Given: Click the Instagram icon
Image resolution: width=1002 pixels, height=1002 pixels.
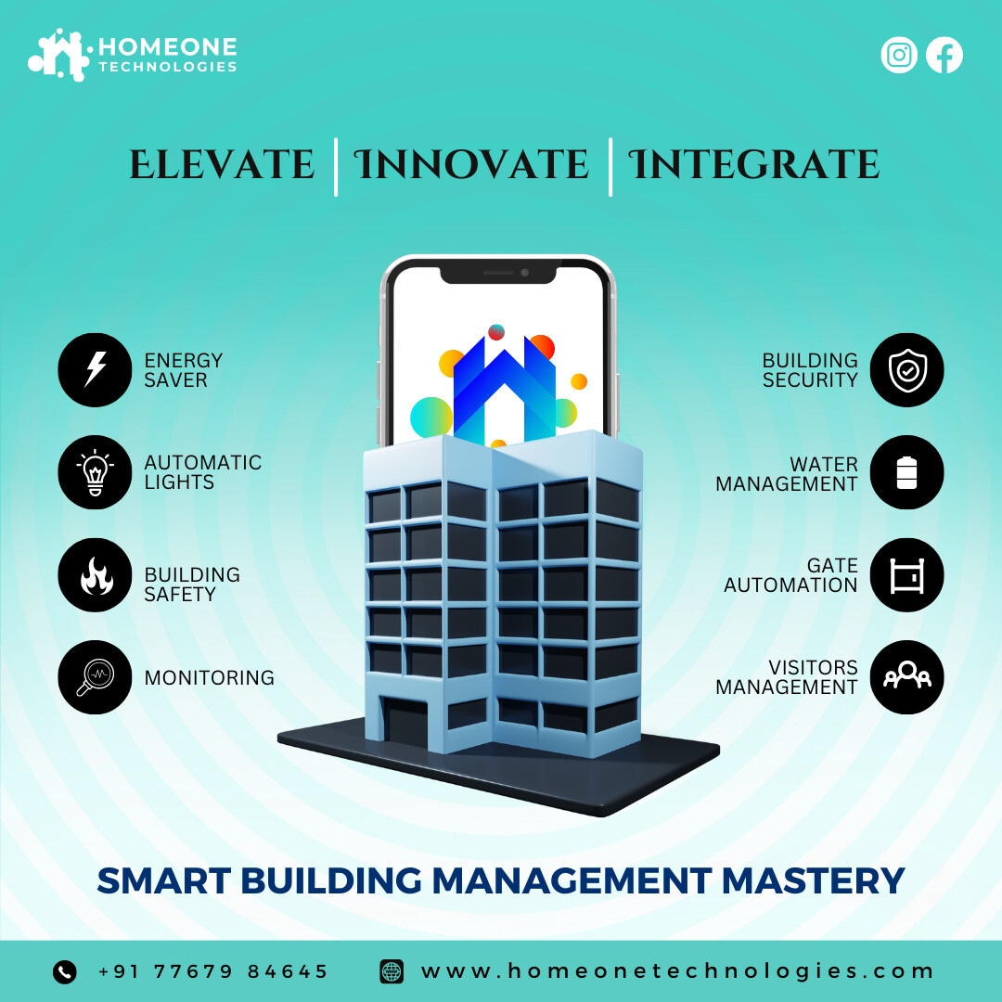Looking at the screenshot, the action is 898,55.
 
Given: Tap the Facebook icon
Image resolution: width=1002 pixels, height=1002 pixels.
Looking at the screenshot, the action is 944,55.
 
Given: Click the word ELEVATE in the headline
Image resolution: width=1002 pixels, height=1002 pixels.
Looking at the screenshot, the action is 222,165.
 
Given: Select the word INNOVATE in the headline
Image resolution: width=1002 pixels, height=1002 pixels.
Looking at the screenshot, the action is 471,165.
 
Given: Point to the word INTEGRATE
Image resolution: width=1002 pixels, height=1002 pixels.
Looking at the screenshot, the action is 754,165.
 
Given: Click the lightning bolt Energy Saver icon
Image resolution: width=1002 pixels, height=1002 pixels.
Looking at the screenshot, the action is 95,370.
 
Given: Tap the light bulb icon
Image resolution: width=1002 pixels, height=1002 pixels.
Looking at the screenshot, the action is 95,472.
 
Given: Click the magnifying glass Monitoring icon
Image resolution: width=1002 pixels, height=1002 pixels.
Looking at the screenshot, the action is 95,677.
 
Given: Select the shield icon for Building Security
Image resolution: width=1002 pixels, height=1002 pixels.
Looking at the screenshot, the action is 906,370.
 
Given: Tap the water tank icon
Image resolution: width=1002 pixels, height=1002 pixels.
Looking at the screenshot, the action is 906,472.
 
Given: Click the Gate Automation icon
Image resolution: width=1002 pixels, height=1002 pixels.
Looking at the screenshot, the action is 906,575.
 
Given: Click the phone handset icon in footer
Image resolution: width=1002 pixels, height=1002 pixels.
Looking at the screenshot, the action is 65,972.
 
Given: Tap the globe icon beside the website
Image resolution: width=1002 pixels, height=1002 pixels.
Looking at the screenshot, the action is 392,972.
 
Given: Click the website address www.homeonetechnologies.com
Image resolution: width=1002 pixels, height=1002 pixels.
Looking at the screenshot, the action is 676,971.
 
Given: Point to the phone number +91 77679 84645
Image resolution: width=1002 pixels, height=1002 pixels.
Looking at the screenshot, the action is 212,972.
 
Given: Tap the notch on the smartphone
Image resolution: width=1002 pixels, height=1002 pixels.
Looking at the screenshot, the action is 498,274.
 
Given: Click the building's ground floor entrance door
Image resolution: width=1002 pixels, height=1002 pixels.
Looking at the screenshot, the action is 405,723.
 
